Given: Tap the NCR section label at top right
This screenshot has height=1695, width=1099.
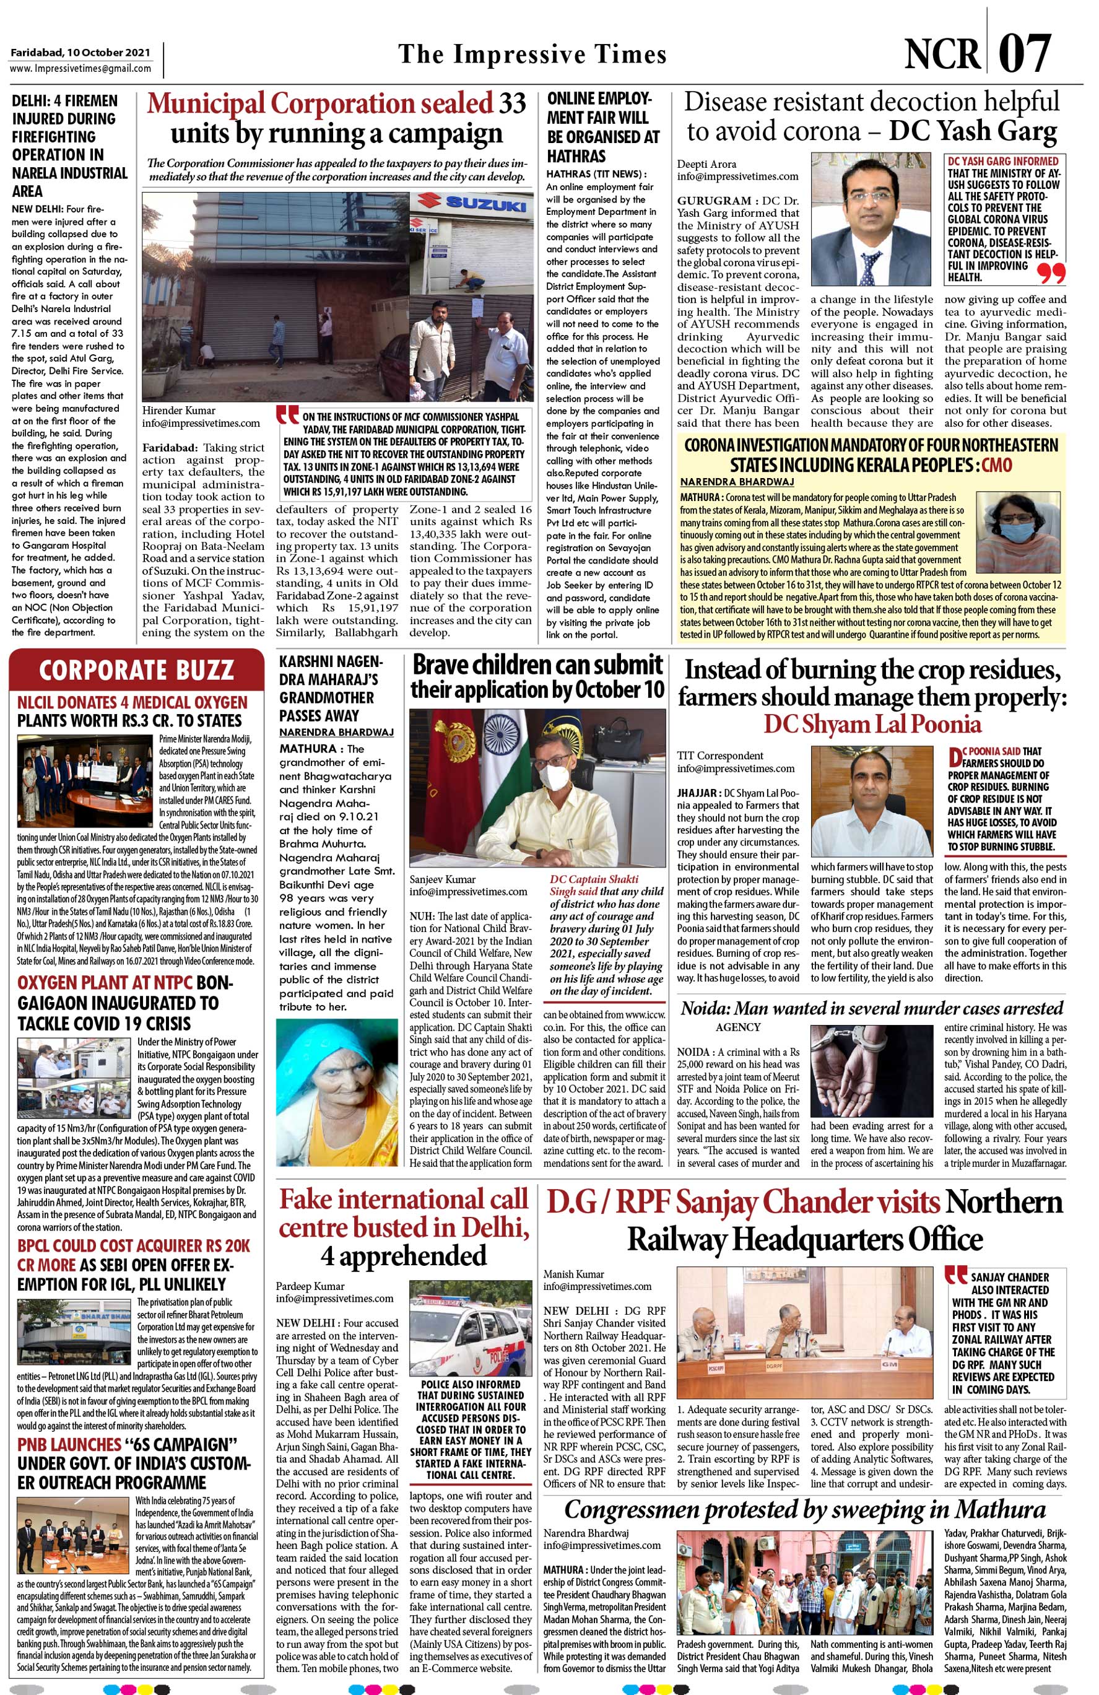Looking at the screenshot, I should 942,54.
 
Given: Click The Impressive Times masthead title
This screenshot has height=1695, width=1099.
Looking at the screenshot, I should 532,55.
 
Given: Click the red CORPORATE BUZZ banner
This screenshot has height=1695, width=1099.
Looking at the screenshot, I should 136,670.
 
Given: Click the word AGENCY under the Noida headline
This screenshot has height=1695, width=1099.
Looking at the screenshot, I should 738,1026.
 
